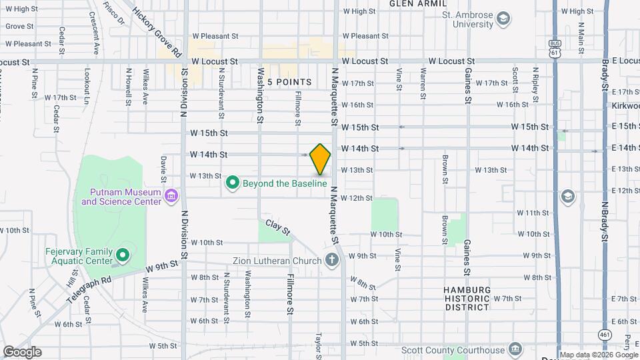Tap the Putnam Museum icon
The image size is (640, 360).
tap(171, 195)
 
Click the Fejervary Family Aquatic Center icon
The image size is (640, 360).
tap(123, 255)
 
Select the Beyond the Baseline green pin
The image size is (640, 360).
tap(233, 182)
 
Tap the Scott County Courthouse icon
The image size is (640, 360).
tap(515, 349)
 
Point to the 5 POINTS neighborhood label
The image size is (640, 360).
tap(289, 82)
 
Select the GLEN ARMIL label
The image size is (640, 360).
tap(418, 3)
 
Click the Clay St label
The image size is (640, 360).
tap(278, 228)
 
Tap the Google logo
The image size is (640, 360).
tap(22, 352)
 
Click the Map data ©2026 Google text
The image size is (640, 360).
tap(598, 355)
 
